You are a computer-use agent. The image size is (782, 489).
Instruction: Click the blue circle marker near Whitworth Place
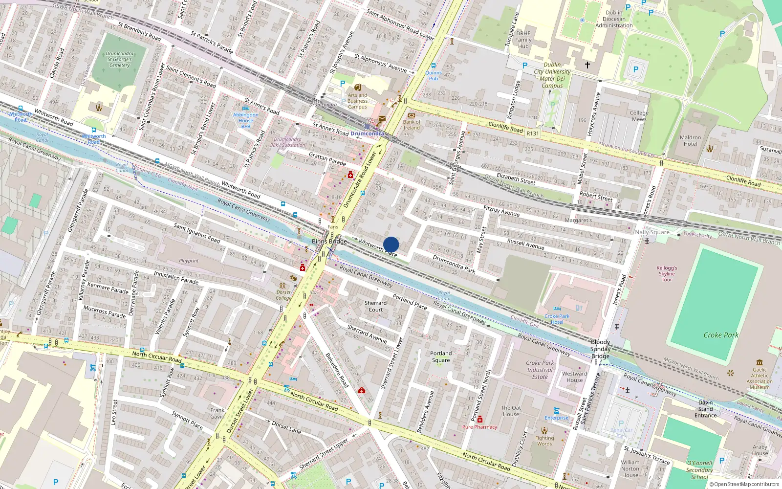click(x=391, y=244)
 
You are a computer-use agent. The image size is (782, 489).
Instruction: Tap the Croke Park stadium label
click(x=720, y=335)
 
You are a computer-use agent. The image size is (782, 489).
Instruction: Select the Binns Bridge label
click(x=329, y=242)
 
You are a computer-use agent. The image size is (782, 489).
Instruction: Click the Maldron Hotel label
click(x=690, y=141)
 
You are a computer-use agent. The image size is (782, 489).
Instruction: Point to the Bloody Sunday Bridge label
click(x=600, y=349)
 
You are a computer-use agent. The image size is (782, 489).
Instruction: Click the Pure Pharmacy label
click(x=479, y=427)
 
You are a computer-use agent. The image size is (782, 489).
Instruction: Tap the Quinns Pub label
click(x=434, y=75)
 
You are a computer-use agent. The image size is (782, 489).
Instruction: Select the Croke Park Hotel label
click(x=557, y=319)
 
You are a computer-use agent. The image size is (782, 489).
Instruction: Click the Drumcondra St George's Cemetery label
click(x=120, y=59)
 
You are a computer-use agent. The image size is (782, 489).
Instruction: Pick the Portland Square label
click(x=441, y=356)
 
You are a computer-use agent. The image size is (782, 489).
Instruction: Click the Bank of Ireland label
click(x=412, y=125)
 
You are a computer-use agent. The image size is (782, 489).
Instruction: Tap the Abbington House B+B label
click(x=246, y=120)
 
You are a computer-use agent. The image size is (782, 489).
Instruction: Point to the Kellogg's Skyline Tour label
click(x=667, y=274)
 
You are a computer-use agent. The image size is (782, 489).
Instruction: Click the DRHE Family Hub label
click(x=523, y=40)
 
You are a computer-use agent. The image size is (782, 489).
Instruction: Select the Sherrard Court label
click(x=375, y=306)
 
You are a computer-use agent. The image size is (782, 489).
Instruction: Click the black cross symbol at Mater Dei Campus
click(x=587, y=65)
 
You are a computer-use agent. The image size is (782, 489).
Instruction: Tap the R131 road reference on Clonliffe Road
click(x=533, y=133)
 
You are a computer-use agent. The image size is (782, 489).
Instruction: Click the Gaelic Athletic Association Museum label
click(x=760, y=378)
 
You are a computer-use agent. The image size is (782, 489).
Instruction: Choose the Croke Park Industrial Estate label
click(x=540, y=370)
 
